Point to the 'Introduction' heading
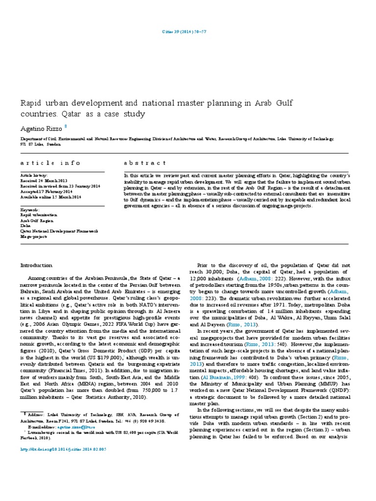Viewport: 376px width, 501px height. [x=36, y=265]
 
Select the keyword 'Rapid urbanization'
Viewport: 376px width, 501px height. [x=38, y=215]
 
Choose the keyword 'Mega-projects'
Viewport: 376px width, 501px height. [x=33, y=236]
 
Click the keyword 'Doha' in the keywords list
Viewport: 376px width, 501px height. [x=25, y=225]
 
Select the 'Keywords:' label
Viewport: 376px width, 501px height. [x=30, y=209]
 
